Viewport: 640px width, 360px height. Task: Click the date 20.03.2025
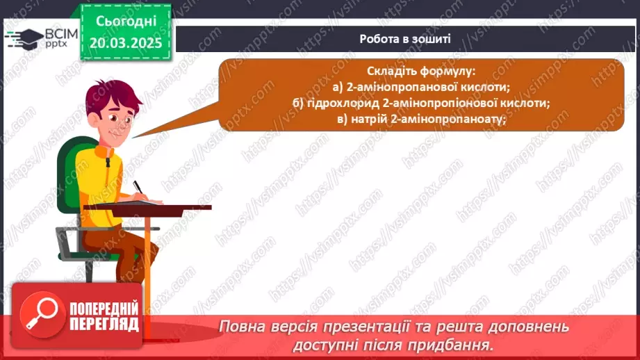click(125, 42)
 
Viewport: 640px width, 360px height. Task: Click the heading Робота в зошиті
click(405, 39)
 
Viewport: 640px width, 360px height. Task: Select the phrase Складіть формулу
click(421, 72)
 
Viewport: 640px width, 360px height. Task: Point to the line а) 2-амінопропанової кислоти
click(421, 87)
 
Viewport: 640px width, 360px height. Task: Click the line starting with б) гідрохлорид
click(421, 103)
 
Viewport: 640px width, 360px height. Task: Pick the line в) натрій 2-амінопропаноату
click(421, 118)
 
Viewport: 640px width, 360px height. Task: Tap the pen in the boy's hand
click(138, 186)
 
